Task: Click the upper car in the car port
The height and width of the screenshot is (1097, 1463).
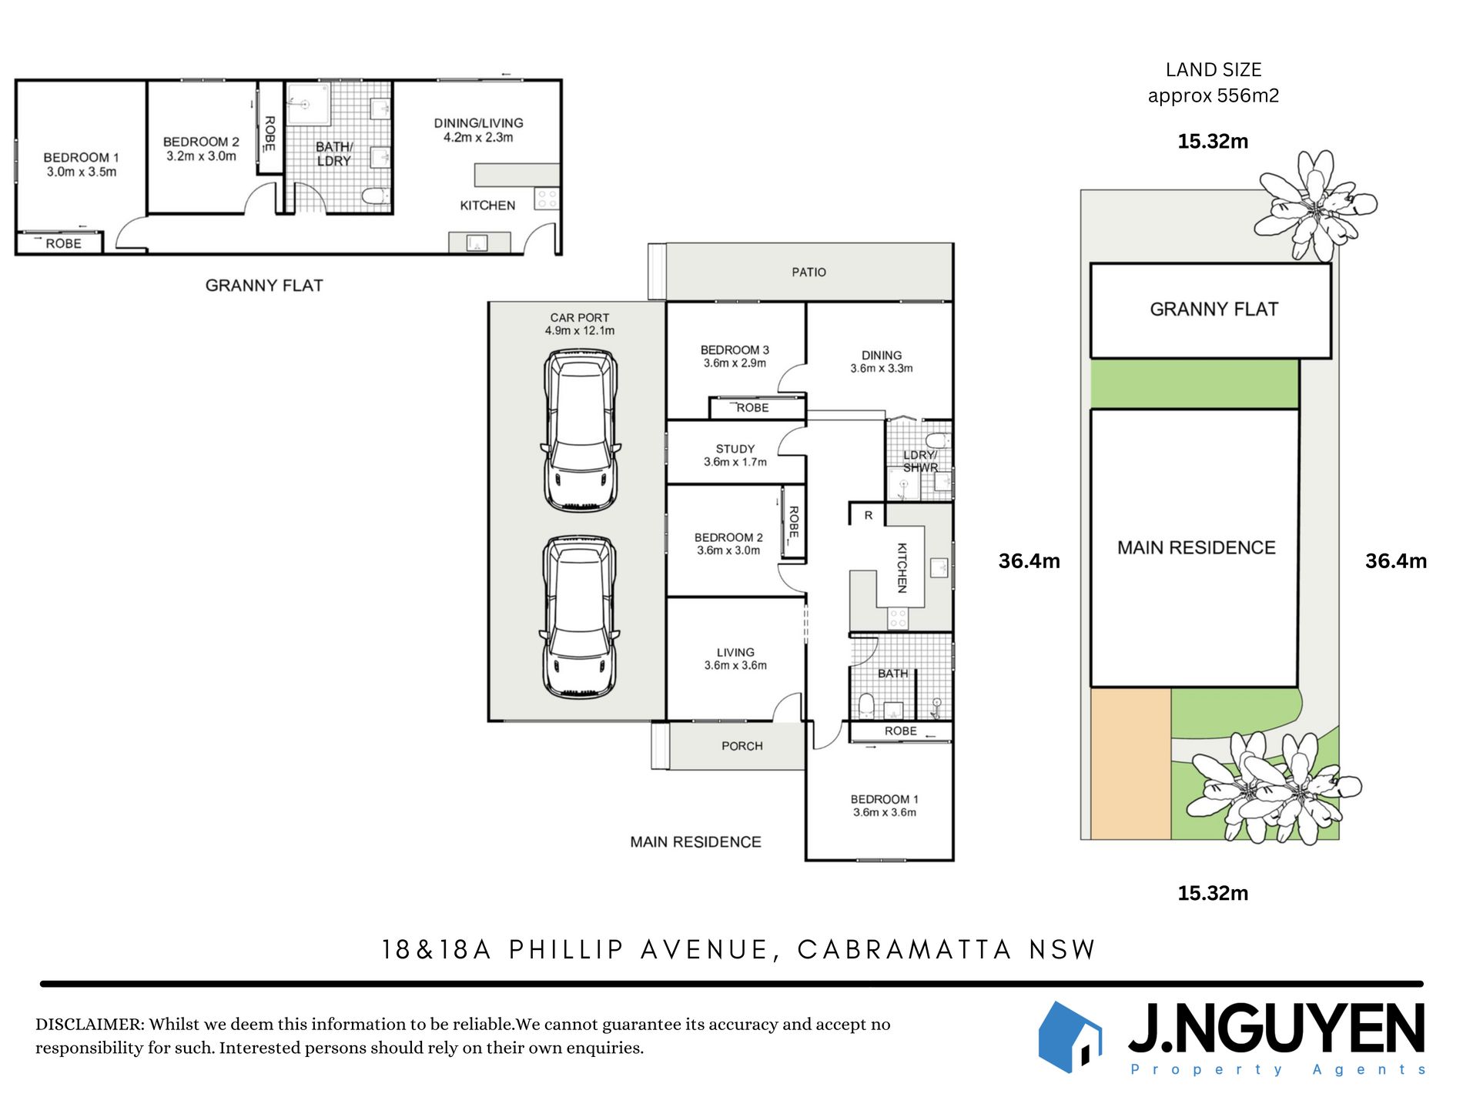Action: pyautogui.click(x=581, y=430)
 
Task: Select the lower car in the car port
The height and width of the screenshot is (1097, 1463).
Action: pyautogui.click(x=581, y=617)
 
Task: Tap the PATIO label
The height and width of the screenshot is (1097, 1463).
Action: pyautogui.click(x=808, y=273)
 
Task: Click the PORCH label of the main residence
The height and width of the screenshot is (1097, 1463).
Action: pyautogui.click(x=742, y=746)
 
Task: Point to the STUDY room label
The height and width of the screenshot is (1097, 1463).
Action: pyautogui.click(x=735, y=449)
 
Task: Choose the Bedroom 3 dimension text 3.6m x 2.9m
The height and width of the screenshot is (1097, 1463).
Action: pyautogui.click(x=735, y=363)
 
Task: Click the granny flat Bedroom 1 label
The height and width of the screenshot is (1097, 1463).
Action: pyautogui.click(x=81, y=157)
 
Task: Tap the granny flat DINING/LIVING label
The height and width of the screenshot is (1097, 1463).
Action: pyautogui.click(x=478, y=123)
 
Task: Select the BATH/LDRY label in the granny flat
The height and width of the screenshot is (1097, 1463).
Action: pyautogui.click(x=334, y=154)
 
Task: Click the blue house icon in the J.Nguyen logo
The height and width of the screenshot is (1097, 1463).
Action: pyautogui.click(x=1070, y=1037)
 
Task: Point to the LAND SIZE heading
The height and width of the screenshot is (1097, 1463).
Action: pyautogui.click(x=1214, y=70)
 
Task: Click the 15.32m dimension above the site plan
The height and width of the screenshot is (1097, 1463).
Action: pyautogui.click(x=1213, y=142)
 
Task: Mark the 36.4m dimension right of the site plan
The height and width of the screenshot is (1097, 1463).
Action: pyautogui.click(x=1395, y=561)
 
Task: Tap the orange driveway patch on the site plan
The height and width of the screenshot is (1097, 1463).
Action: pyautogui.click(x=1131, y=764)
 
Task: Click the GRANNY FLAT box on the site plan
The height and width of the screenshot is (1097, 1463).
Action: pyautogui.click(x=1210, y=311)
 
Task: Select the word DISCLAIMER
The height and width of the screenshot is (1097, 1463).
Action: pyautogui.click(x=89, y=1025)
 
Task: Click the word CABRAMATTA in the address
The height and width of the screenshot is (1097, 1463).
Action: pyautogui.click(x=905, y=950)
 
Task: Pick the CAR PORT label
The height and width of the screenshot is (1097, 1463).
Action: pyautogui.click(x=579, y=318)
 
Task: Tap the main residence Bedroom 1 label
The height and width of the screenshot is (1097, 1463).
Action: pyautogui.click(x=884, y=800)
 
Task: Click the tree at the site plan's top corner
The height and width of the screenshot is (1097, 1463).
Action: pyautogui.click(x=1315, y=205)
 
